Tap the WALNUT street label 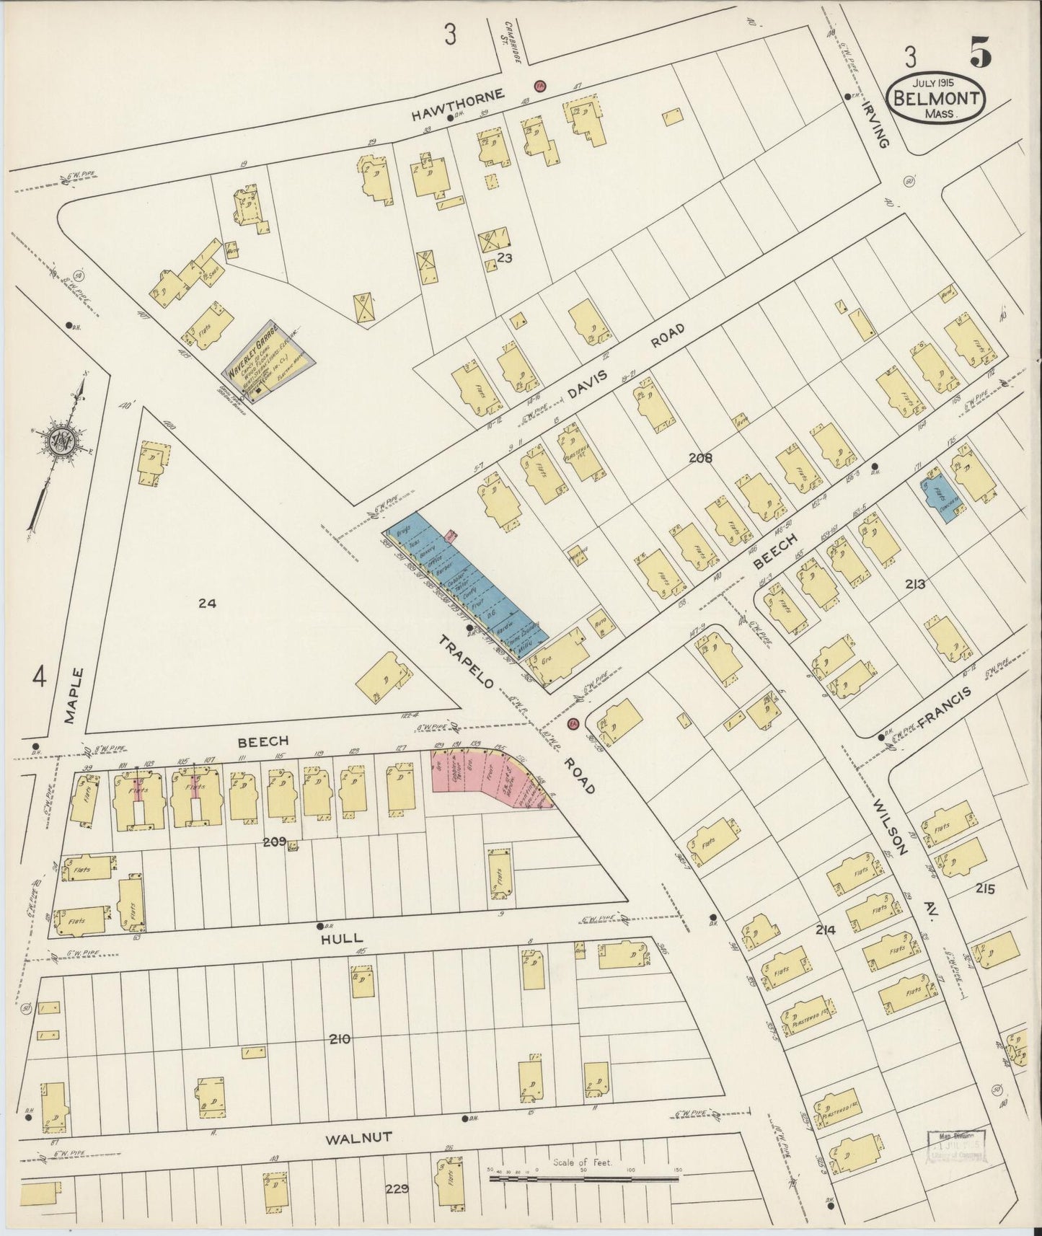tap(358, 1139)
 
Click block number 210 tap(339, 1038)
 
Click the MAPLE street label tap(70, 695)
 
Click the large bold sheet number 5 tap(979, 54)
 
